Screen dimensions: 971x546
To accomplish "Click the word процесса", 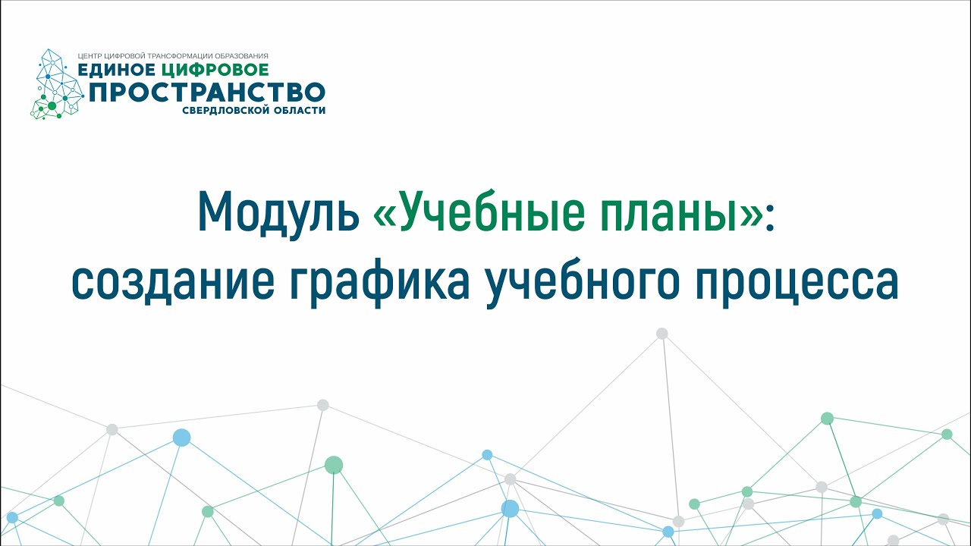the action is click(797, 284).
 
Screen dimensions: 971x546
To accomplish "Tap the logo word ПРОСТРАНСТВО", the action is click(207, 92).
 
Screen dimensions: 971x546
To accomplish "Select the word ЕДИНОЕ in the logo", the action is click(116, 70).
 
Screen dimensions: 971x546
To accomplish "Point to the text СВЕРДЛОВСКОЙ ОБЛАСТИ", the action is click(253, 110).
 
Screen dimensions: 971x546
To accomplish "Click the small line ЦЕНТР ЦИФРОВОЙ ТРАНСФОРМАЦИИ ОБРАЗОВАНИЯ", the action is click(173, 56).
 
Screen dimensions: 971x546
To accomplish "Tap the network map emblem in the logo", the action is click(56, 84).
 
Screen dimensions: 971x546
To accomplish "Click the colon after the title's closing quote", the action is click(769, 217).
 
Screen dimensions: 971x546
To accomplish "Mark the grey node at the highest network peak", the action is click(662, 333).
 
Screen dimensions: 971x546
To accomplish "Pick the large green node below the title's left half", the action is click(334, 465).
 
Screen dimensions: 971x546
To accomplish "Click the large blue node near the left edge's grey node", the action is click(181, 438).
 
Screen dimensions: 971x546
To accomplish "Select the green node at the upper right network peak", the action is click(827, 418).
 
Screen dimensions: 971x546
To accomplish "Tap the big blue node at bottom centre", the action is click(511, 508).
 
